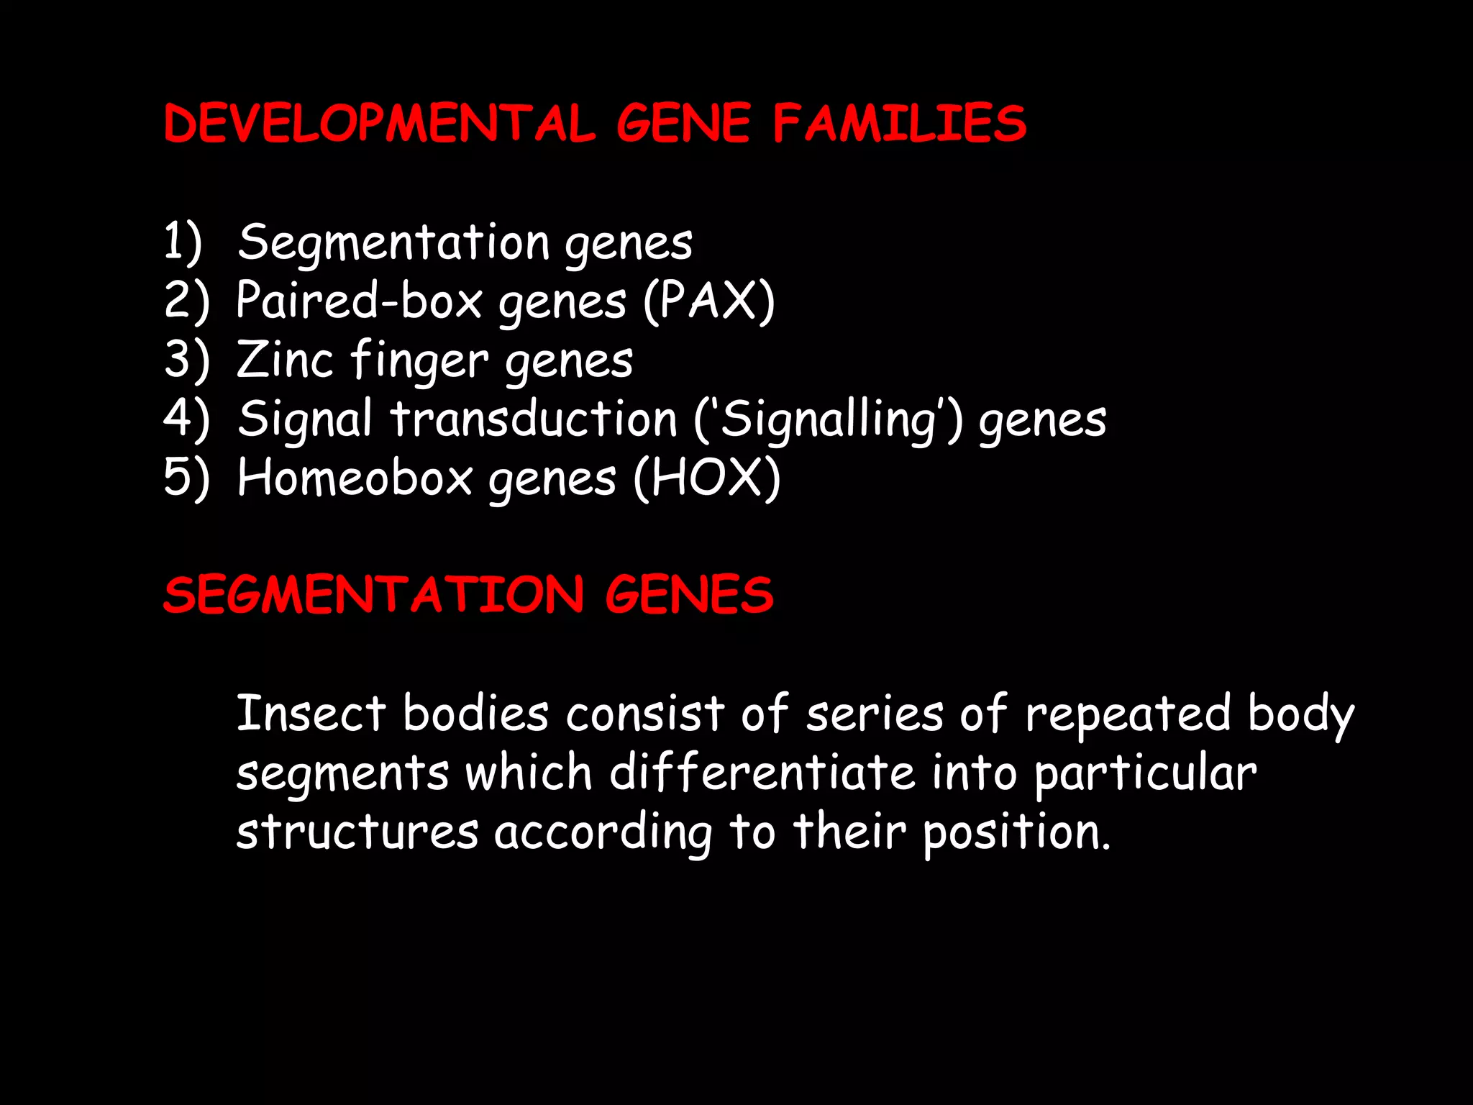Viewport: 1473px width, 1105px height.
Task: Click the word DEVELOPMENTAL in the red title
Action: pos(379,124)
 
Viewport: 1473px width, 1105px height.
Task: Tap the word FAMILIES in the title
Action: pos(900,124)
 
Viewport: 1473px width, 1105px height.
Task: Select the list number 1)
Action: pos(183,242)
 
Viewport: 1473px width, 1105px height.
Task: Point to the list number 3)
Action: pos(186,360)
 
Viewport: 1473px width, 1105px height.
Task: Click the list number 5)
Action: pos(186,478)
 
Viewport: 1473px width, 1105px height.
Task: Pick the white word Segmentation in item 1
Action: pos(393,242)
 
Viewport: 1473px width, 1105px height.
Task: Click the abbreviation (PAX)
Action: pos(708,301)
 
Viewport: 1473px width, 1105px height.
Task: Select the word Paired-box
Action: pos(359,301)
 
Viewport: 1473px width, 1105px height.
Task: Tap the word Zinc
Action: pos(285,360)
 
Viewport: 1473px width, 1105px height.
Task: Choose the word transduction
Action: pos(534,419)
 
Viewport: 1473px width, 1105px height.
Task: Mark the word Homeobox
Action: pos(355,478)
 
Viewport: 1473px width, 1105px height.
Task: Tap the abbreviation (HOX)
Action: pos(707,478)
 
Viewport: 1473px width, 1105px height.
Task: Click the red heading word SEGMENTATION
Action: pos(373,596)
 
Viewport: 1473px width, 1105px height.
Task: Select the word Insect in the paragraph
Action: pos(311,714)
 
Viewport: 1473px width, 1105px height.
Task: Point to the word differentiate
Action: pos(762,773)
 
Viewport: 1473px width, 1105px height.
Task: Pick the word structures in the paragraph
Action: pos(357,832)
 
